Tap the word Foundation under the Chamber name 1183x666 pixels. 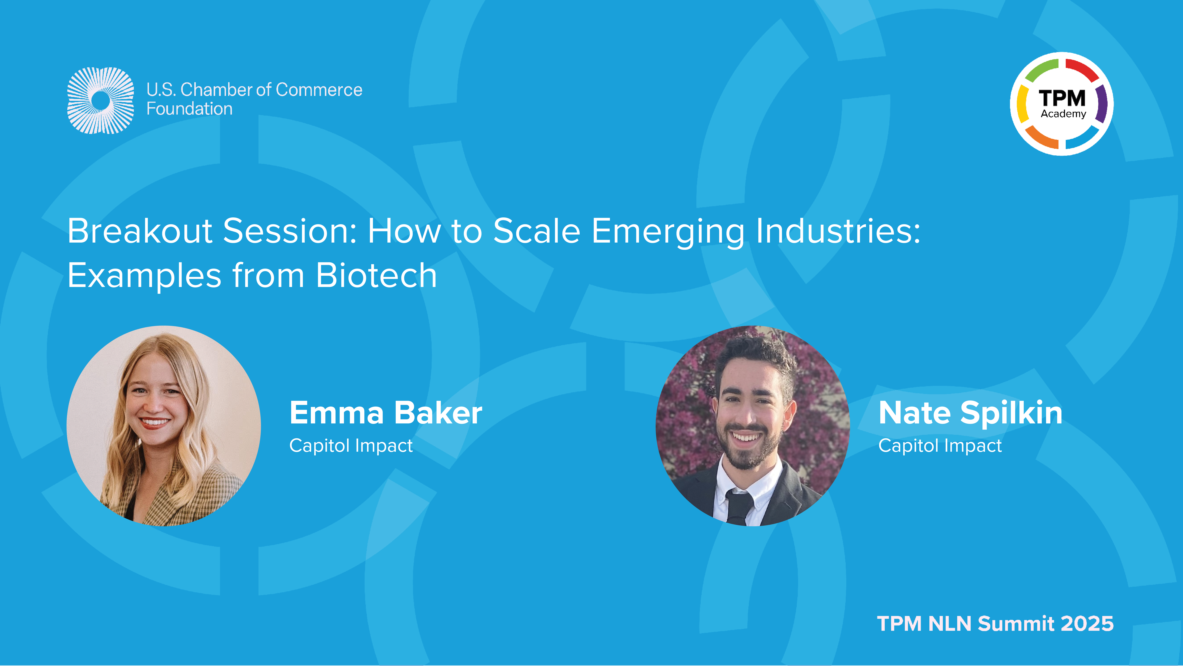pos(189,109)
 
